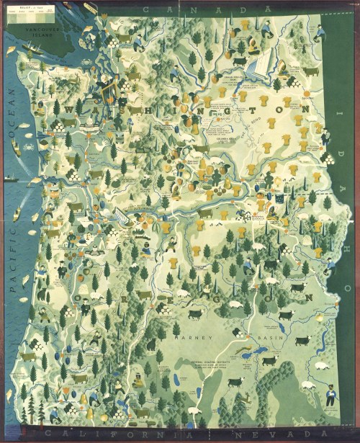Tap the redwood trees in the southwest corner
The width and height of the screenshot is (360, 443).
pyautogui.click(x=29, y=411)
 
